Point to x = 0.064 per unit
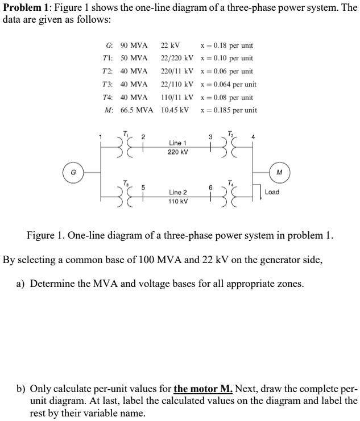click(227, 84)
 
